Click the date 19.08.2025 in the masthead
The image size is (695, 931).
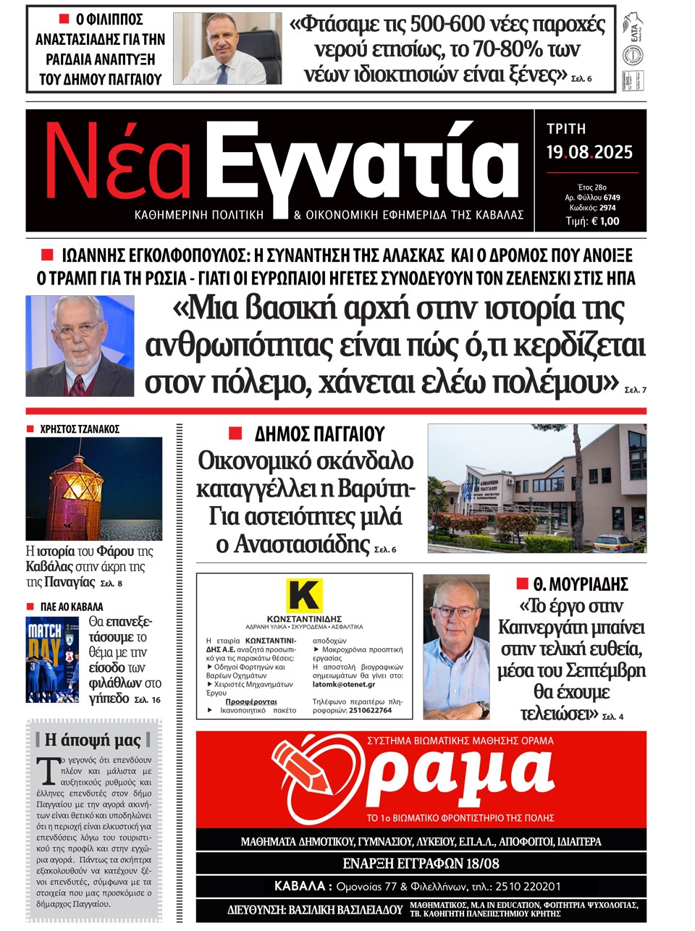point(589,152)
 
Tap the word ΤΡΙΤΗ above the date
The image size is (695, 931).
point(566,129)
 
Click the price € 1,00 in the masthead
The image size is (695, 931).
point(605,222)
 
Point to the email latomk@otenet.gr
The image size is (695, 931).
point(344,684)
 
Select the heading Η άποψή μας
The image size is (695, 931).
point(93,739)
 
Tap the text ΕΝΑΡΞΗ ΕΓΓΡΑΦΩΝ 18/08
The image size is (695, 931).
point(421,864)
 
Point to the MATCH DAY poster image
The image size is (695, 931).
point(53,660)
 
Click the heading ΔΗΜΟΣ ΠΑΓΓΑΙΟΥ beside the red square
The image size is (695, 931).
point(319,434)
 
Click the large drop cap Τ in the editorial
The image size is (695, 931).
point(49,770)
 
